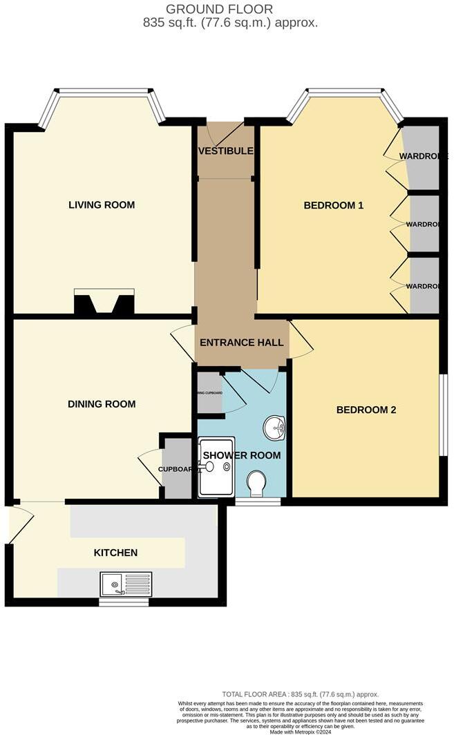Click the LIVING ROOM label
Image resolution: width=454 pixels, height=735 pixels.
[101, 205]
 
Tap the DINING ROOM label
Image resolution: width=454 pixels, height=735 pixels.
[101, 404]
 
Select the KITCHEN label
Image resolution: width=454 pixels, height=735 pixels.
[115, 553]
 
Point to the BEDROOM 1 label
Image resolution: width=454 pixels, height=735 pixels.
[334, 205]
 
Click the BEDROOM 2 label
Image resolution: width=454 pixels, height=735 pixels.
[366, 410]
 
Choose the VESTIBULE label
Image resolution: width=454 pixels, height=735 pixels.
[225, 151]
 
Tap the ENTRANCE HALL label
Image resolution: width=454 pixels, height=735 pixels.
[241, 343]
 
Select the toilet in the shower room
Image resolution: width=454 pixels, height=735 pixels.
[256, 483]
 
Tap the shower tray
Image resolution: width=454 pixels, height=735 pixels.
[216, 467]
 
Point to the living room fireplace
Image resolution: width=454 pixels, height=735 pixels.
[104, 304]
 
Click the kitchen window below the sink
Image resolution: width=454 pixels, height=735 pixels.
[124, 602]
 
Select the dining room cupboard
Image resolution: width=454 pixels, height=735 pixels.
[176, 470]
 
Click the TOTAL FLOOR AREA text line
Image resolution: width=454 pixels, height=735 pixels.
[300, 694]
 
